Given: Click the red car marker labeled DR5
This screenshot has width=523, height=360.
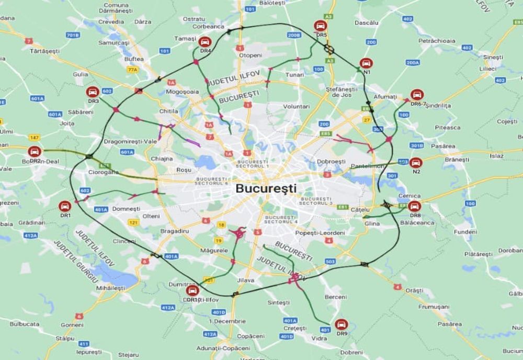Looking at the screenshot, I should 321,26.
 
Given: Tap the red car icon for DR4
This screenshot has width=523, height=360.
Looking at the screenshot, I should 205,41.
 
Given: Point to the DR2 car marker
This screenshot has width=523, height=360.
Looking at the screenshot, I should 35,151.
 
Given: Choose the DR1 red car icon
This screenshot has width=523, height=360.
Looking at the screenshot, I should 65,206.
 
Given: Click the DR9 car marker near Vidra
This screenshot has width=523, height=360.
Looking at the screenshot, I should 342,324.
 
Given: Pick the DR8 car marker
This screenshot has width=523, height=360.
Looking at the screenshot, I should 415,206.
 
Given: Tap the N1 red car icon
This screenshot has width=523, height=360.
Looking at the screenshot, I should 367,63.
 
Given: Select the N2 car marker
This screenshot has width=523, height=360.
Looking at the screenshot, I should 416,162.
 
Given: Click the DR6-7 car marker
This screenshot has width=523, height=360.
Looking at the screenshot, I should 417,95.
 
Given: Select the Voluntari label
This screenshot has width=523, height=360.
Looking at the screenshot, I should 296,106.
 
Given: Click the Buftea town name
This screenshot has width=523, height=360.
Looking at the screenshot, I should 134,59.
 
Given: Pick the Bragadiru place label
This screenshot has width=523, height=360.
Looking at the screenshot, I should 174,231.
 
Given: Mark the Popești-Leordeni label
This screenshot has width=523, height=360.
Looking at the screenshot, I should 320,232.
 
